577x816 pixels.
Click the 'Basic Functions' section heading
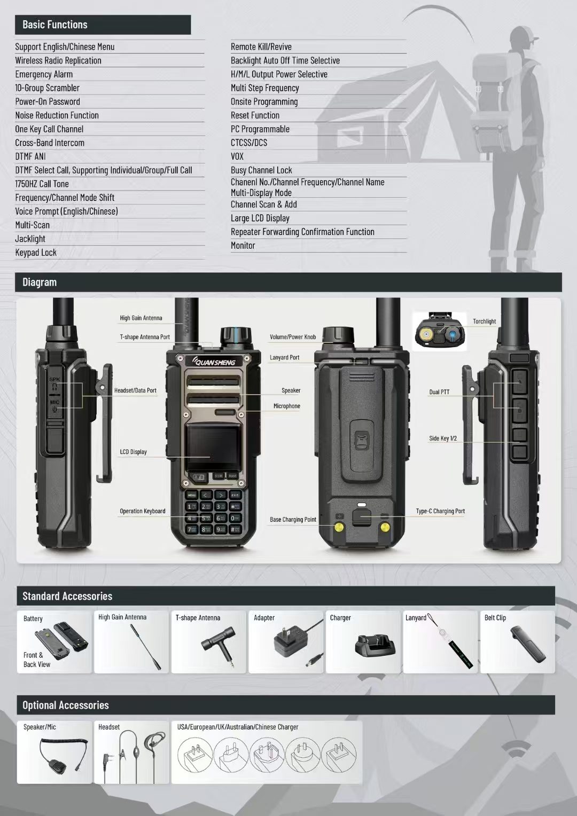point(55,25)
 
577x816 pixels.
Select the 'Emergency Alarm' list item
point(44,74)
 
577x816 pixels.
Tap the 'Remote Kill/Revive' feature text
point(261,47)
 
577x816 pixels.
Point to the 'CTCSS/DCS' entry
point(248,143)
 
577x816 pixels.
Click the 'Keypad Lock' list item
point(36,253)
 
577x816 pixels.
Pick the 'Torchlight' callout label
point(484,321)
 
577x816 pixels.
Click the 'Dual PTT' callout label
point(439,392)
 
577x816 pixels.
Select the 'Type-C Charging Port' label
point(440,511)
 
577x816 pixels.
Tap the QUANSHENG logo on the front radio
point(214,362)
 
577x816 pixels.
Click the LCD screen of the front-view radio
point(212,448)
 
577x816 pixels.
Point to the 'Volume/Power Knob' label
point(293,337)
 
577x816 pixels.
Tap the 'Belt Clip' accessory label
point(495,618)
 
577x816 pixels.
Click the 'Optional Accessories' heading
point(66,705)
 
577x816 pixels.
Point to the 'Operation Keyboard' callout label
point(142,511)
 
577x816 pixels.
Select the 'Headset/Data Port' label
point(135,390)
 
